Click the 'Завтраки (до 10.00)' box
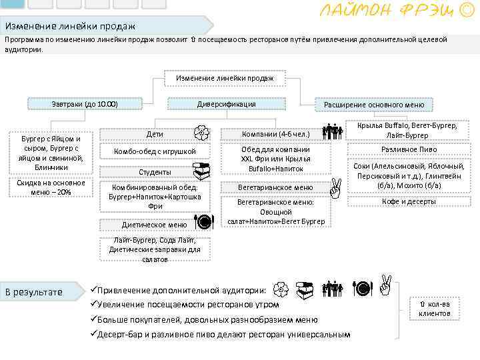coord(85,104)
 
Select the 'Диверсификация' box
coord(226,104)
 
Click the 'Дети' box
coord(155,134)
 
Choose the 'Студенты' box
coord(155,172)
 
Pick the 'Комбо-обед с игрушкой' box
coord(155,151)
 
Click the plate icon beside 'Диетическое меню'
coord(203,222)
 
